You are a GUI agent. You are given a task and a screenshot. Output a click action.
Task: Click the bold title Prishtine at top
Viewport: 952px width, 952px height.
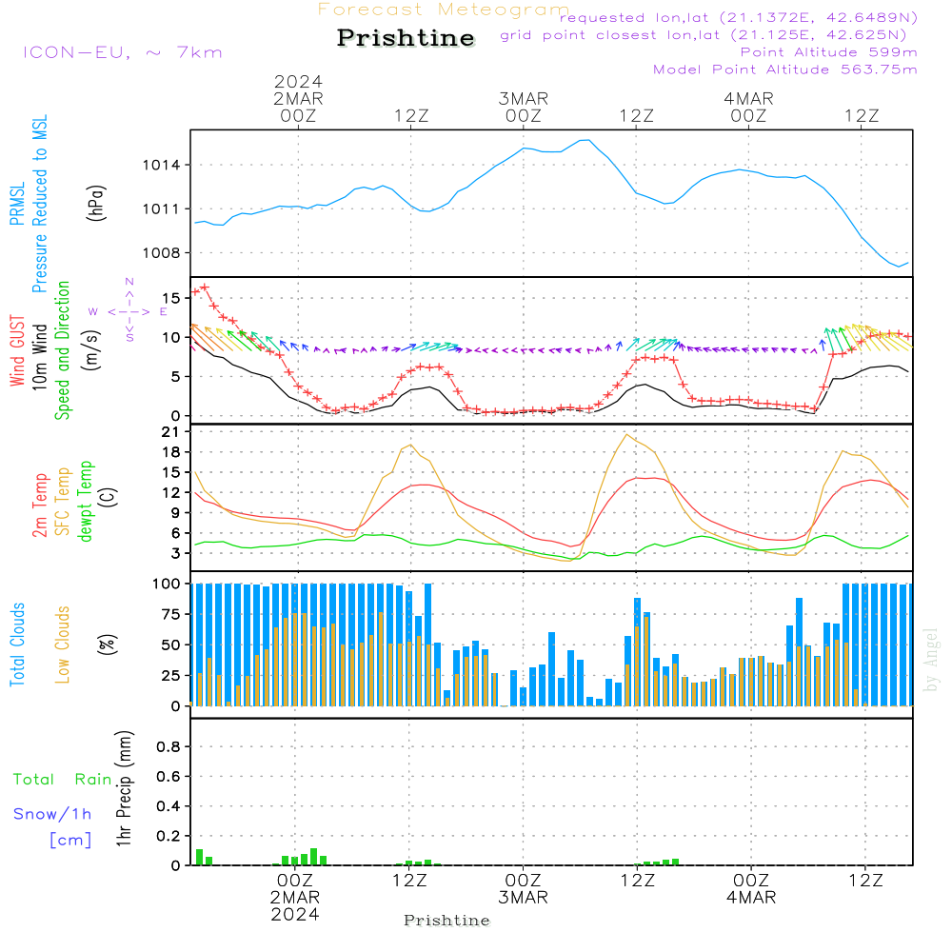click(x=406, y=38)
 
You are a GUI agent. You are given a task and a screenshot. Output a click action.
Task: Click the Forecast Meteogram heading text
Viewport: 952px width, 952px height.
click(x=444, y=10)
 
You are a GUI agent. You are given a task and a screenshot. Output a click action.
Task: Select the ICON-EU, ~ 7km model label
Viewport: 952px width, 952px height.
click(x=122, y=51)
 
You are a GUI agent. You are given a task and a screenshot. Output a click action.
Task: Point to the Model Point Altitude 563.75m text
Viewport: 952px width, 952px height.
click(x=785, y=69)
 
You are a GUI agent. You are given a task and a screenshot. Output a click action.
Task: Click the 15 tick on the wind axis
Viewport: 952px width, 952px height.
click(x=173, y=298)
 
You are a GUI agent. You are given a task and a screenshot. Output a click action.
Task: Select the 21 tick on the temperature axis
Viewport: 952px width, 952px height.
click(x=173, y=432)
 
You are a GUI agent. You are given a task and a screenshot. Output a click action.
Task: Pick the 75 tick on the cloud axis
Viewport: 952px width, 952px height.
click(x=171, y=614)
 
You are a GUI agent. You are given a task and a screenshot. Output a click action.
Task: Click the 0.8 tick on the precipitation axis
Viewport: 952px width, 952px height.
click(x=169, y=747)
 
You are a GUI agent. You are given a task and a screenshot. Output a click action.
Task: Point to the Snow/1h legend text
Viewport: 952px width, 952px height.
click(x=52, y=814)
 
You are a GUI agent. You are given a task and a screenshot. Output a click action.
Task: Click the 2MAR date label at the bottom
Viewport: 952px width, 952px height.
click(x=295, y=897)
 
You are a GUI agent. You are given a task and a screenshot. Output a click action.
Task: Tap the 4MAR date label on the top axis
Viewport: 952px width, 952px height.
click(x=748, y=98)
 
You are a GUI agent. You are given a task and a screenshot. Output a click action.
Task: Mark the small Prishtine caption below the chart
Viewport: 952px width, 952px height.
click(x=446, y=921)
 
